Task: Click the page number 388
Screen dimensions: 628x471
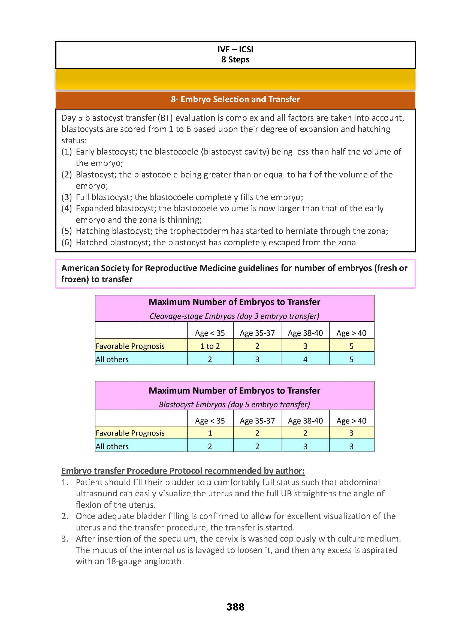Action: click(x=235, y=607)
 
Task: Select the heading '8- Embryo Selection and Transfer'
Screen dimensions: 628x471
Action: click(x=235, y=99)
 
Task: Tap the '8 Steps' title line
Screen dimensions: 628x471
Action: click(x=235, y=60)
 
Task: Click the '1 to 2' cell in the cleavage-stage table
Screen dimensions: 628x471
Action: click(x=210, y=346)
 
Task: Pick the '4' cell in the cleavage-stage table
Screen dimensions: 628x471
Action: click(x=306, y=360)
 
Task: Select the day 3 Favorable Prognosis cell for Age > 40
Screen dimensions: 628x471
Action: click(x=351, y=346)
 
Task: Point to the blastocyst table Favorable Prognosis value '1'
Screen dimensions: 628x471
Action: click(x=210, y=433)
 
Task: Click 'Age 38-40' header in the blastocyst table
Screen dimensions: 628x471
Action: click(x=306, y=421)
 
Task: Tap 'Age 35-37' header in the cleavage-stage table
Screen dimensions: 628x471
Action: click(x=257, y=333)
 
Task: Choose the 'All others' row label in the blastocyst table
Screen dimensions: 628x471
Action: click(x=112, y=446)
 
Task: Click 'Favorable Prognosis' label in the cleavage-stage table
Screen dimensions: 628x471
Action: click(x=130, y=346)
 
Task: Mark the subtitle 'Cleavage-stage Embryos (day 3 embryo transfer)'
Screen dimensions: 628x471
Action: click(x=234, y=316)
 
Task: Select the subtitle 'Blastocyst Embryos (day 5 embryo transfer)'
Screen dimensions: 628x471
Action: click(x=234, y=404)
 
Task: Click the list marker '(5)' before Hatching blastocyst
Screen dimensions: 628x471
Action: click(x=67, y=231)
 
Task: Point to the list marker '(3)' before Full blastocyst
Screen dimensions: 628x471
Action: click(x=67, y=197)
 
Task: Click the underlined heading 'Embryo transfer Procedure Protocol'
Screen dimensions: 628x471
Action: click(x=183, y=471)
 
